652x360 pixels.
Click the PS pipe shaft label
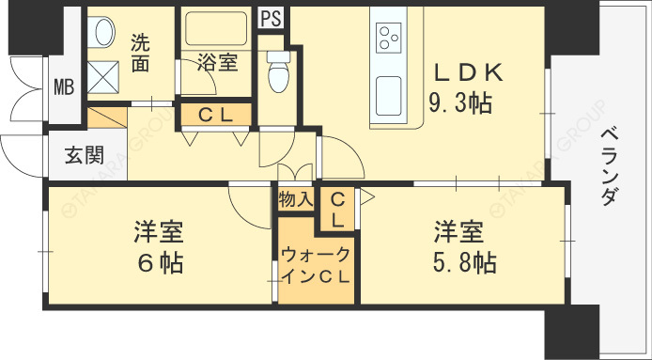[x=272, y=19]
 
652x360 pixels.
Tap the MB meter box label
[x=64, y=87]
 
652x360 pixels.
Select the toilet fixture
[x=278, y=70]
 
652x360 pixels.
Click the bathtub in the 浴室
[x=216, y=28]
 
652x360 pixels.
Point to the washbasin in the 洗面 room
[x=101, y=32]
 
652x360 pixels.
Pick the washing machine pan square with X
[x=103, y=77]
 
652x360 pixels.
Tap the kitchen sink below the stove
[x=389, y=96]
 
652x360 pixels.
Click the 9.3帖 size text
[x=460, y=103]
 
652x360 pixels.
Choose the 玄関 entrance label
[x=84, y=156]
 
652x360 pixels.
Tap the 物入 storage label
[x=295, y=199]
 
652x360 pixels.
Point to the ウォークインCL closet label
[x=316, y=265]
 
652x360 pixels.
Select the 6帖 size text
[x=160, y=263]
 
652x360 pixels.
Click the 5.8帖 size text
[x=464, y=262]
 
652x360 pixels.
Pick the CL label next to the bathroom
[x=215, y=117]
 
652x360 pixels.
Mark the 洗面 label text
[x=141, y=53]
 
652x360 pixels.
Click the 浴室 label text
[x=217, y=62]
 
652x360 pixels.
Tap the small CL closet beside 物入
[x=337, y=211]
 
